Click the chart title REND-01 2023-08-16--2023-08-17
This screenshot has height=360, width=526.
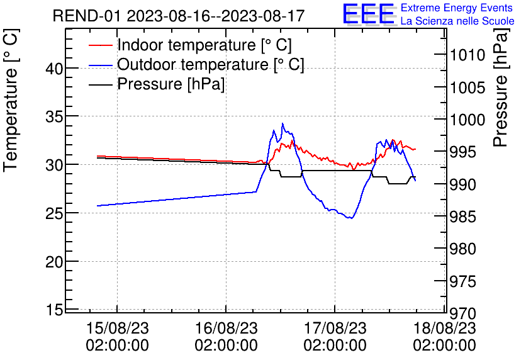coord(179,16)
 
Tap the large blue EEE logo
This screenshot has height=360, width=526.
coord(369,15)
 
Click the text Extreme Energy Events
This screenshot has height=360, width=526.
coord(457,8)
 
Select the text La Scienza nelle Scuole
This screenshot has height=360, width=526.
coord(457,21)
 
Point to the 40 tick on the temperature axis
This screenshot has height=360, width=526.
coord(55,69)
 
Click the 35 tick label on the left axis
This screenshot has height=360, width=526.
coord(55,117)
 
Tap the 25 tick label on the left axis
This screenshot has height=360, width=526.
coord(55,213)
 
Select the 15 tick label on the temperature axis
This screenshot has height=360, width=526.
coord(55,310)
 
